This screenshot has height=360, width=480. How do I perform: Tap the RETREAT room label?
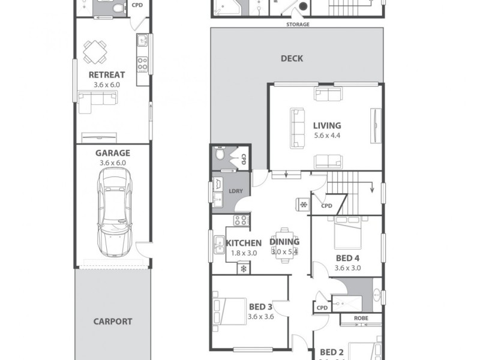point(107,75)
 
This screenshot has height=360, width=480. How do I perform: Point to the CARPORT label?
point(112,321)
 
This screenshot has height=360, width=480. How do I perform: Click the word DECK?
point(292,59)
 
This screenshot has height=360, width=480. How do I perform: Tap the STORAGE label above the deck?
point(297,25)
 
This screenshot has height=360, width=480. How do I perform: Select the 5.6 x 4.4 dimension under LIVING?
point(327,136)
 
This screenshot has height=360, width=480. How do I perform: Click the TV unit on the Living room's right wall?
point(376,126)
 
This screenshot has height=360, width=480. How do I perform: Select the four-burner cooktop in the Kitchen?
point(241,220)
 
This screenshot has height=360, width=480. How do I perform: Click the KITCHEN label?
point(244,243)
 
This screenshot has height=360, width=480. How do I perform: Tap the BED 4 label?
point(347,258)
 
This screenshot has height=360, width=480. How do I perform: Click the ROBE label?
point(361,318)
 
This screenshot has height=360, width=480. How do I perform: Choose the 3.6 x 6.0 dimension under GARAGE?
point(112,163)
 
